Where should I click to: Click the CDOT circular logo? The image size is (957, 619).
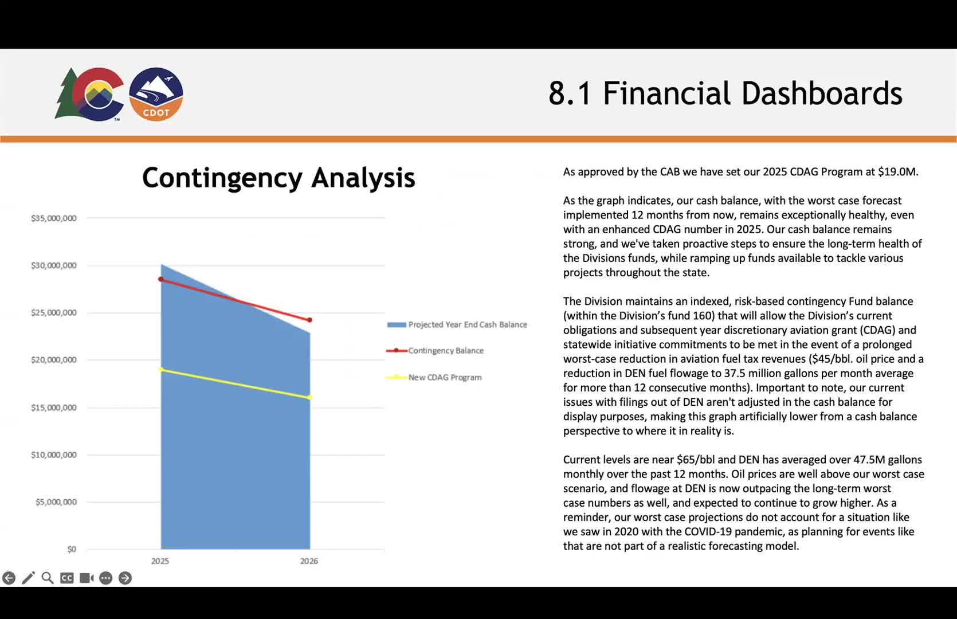[156, 94]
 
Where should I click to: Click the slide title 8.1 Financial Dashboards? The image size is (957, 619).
[725, 93]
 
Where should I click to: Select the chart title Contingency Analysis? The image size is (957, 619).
[279, 178]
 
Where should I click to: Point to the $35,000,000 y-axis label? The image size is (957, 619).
[54, 218]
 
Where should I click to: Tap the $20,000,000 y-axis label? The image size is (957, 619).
[54, 360]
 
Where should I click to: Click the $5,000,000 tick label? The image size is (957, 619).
[56, 502]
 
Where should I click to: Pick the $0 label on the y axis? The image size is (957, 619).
[71, 549]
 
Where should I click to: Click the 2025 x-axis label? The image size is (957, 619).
[160, 561]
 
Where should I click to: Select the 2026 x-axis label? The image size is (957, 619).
[309, 561]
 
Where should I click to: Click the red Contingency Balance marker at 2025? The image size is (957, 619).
[161, 279]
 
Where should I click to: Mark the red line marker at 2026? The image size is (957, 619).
[310, 320]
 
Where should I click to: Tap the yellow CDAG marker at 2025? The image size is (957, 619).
[161, 369]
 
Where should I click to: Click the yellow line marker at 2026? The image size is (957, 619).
[310, 397]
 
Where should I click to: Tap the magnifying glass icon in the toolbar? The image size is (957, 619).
[48, 578]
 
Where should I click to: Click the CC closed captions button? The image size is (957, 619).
[67, 578]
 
